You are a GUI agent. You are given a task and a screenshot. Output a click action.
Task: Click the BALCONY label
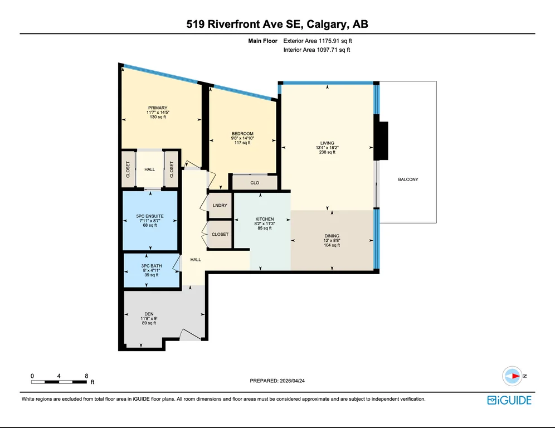coord(408,179)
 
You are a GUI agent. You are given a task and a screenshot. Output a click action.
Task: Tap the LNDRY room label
coord(220,205)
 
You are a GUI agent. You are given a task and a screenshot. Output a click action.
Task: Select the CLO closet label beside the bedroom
coord(255,183)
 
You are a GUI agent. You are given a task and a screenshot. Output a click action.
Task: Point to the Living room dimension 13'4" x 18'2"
coord(327,148)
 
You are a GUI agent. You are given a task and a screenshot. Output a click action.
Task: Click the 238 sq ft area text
coord(327,152)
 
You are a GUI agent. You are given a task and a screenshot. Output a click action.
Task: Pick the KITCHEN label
coord(264,219)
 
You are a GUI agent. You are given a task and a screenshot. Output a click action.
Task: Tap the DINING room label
coord(332,236)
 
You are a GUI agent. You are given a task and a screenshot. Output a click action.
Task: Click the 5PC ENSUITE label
coord(150,216)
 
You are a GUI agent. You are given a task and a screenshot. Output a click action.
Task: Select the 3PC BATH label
coord(151,266)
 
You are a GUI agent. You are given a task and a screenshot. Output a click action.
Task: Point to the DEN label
coord(149,314)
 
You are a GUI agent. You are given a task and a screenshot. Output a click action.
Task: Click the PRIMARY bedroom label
coord(158,108)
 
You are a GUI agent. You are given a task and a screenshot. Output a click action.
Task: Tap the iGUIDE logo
coord(509,400)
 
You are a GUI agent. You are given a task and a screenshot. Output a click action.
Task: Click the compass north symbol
coord(513,376)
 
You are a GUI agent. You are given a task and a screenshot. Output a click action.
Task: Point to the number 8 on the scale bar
coord(86,376)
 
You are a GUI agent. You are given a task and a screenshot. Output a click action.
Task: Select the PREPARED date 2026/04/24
coord(293,381)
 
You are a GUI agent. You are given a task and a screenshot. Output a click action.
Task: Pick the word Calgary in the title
coord(326,24)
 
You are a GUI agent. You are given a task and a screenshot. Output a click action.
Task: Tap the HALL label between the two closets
coord(149,169)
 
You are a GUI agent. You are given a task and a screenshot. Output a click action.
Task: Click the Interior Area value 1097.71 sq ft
coord(333,50)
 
